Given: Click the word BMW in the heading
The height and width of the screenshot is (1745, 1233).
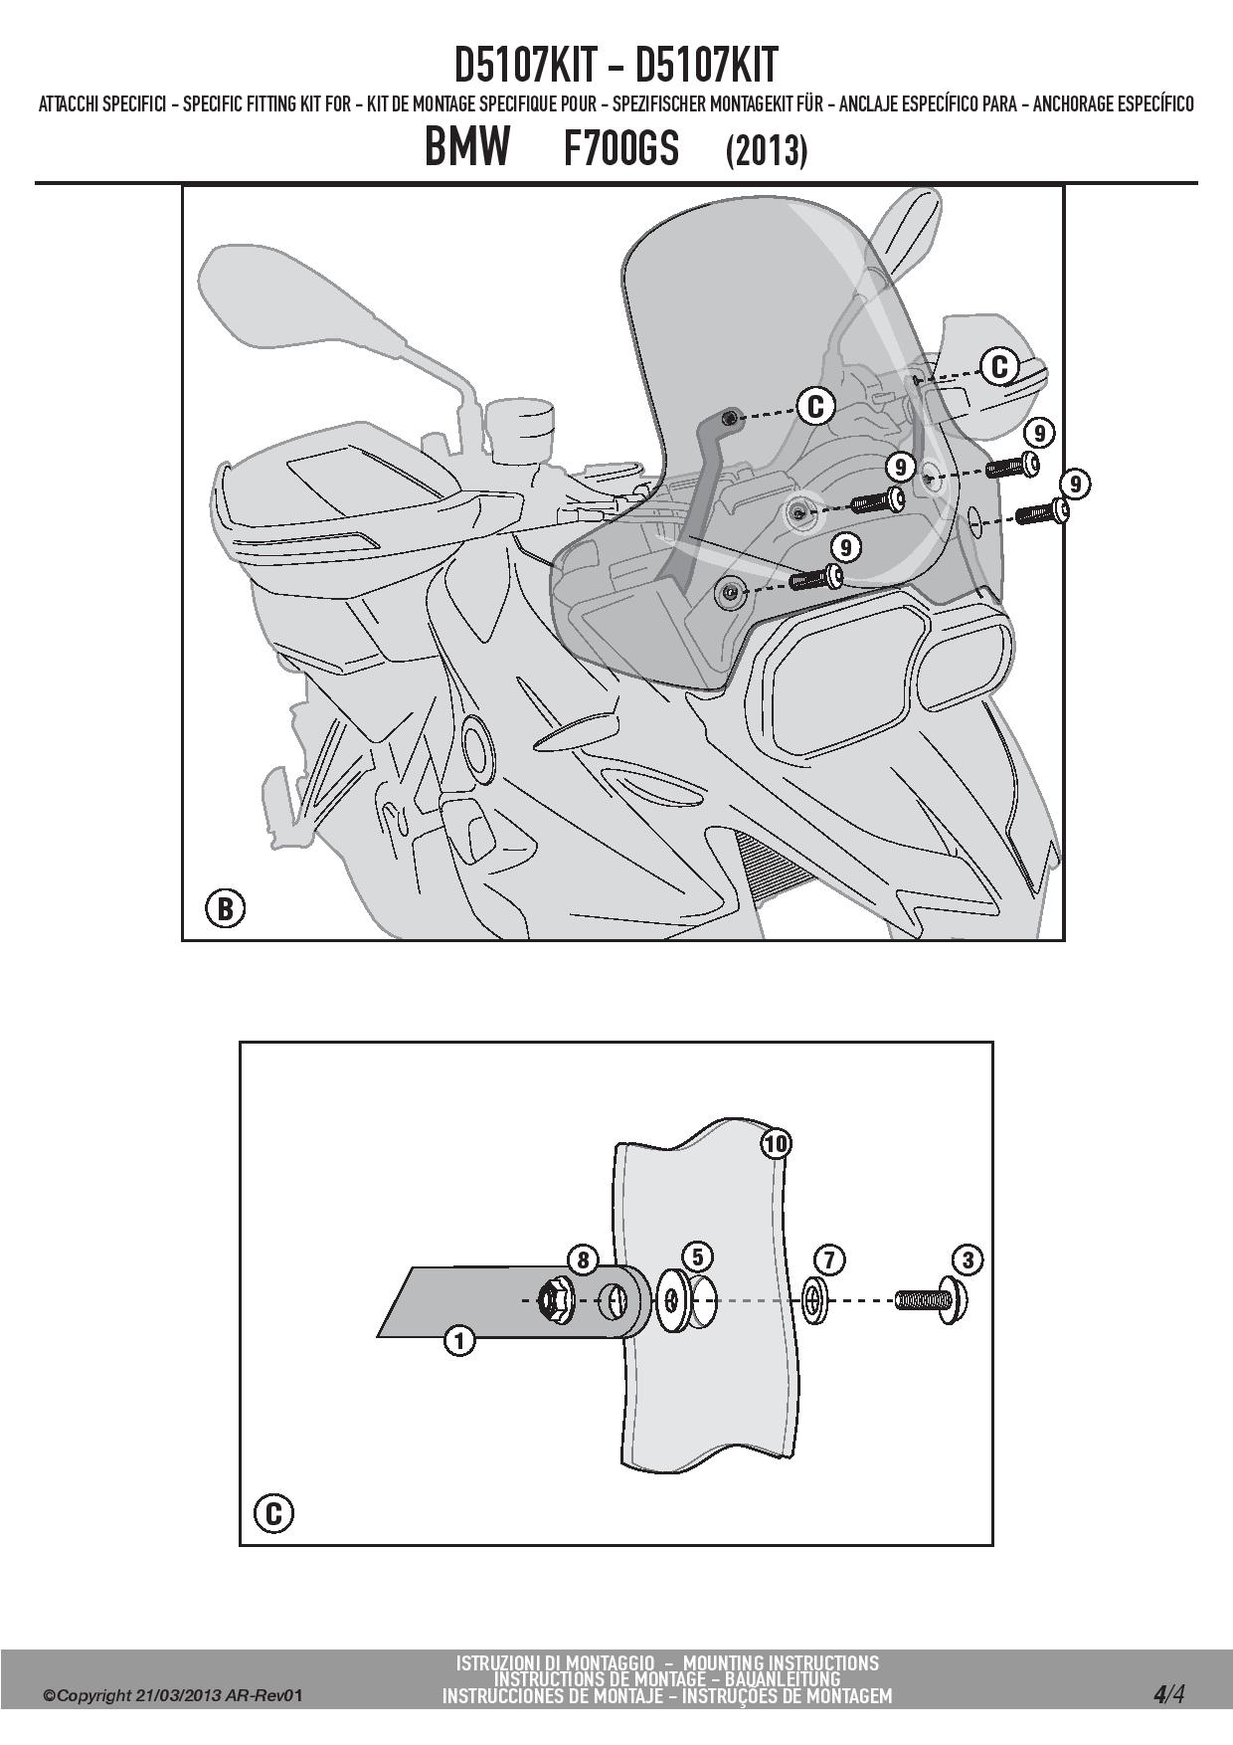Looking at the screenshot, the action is [x=467, y=147].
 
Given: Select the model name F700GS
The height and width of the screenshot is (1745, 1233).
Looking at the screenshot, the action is [x=621, y=148].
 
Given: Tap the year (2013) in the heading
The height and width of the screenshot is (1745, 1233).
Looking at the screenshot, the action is [x=766, y=150].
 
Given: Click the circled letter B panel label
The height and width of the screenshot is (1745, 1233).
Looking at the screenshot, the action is [x=225, y=908].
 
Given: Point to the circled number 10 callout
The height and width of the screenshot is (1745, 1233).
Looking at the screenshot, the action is [x=776, y=1144].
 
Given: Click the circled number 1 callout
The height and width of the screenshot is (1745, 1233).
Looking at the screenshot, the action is [x=458, y=1341].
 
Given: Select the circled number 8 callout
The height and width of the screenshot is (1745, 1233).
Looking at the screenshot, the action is [x=584, y=1260].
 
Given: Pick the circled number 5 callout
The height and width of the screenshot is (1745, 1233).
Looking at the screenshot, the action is [x=698, y=1257].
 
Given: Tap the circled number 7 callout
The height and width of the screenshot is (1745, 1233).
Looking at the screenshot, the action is [x=829, y=1260].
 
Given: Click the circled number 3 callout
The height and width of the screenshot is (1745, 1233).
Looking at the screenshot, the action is [x=967, y=1260].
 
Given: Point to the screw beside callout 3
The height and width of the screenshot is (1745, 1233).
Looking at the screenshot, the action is [x=932, y=1300].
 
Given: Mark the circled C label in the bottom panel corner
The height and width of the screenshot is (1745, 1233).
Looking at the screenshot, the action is [x=273, y=1514].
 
